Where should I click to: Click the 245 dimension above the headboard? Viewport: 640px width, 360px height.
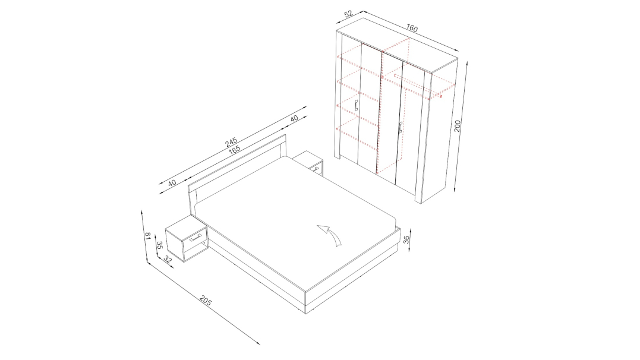pos(231,142)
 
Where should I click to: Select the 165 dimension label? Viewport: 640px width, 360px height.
pos(234,150)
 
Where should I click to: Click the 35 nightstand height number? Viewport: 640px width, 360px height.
pos(160,245)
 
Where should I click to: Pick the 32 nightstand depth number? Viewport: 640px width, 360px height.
pos(168,259)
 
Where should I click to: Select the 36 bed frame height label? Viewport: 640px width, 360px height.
pos(406,239)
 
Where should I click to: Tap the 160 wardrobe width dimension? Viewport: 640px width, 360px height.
pos(412,28)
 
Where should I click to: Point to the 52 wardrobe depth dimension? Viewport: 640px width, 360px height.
pos(348,14)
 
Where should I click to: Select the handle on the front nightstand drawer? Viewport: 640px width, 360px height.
pos(196,238)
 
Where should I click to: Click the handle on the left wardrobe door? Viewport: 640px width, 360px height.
pos(357,106)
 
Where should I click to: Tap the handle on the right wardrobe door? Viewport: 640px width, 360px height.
pos(400,127)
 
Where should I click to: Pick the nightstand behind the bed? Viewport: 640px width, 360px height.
pos(308,162)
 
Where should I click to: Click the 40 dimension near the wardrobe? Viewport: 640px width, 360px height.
pos(294,118)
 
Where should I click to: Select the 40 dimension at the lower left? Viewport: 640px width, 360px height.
pos(172,182)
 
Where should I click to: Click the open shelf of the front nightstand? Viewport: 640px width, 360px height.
pos(195,249)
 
